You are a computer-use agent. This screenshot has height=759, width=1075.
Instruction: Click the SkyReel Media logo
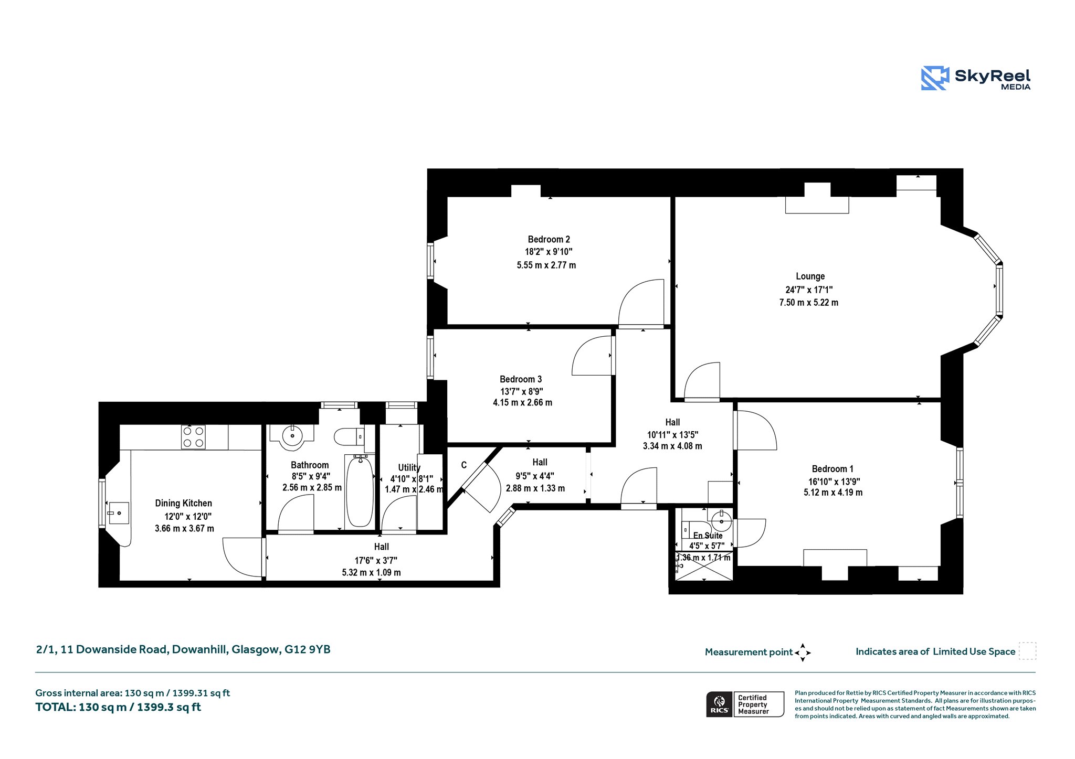976,78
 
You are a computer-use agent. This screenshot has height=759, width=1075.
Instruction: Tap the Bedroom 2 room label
549,239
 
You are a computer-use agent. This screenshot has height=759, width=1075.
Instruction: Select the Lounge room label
810,276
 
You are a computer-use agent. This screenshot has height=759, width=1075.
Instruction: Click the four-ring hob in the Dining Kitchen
193,437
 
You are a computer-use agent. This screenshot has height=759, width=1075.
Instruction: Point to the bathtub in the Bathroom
360,491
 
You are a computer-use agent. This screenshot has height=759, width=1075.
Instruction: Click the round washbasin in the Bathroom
292,436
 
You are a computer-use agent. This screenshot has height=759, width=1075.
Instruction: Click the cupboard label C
463,465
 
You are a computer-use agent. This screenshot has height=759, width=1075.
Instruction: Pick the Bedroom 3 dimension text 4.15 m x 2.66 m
522,403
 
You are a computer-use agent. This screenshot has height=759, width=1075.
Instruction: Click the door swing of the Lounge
702,380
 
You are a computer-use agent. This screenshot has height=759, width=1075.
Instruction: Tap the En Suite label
708,536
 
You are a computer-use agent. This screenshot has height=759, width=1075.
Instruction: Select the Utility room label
409,467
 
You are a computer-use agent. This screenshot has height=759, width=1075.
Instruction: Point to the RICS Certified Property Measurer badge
745,704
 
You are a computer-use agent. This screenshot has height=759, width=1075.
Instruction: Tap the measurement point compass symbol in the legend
803,653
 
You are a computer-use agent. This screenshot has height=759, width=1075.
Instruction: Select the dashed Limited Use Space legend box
1027,651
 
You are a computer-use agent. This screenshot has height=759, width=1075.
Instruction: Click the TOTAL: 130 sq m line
118,707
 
